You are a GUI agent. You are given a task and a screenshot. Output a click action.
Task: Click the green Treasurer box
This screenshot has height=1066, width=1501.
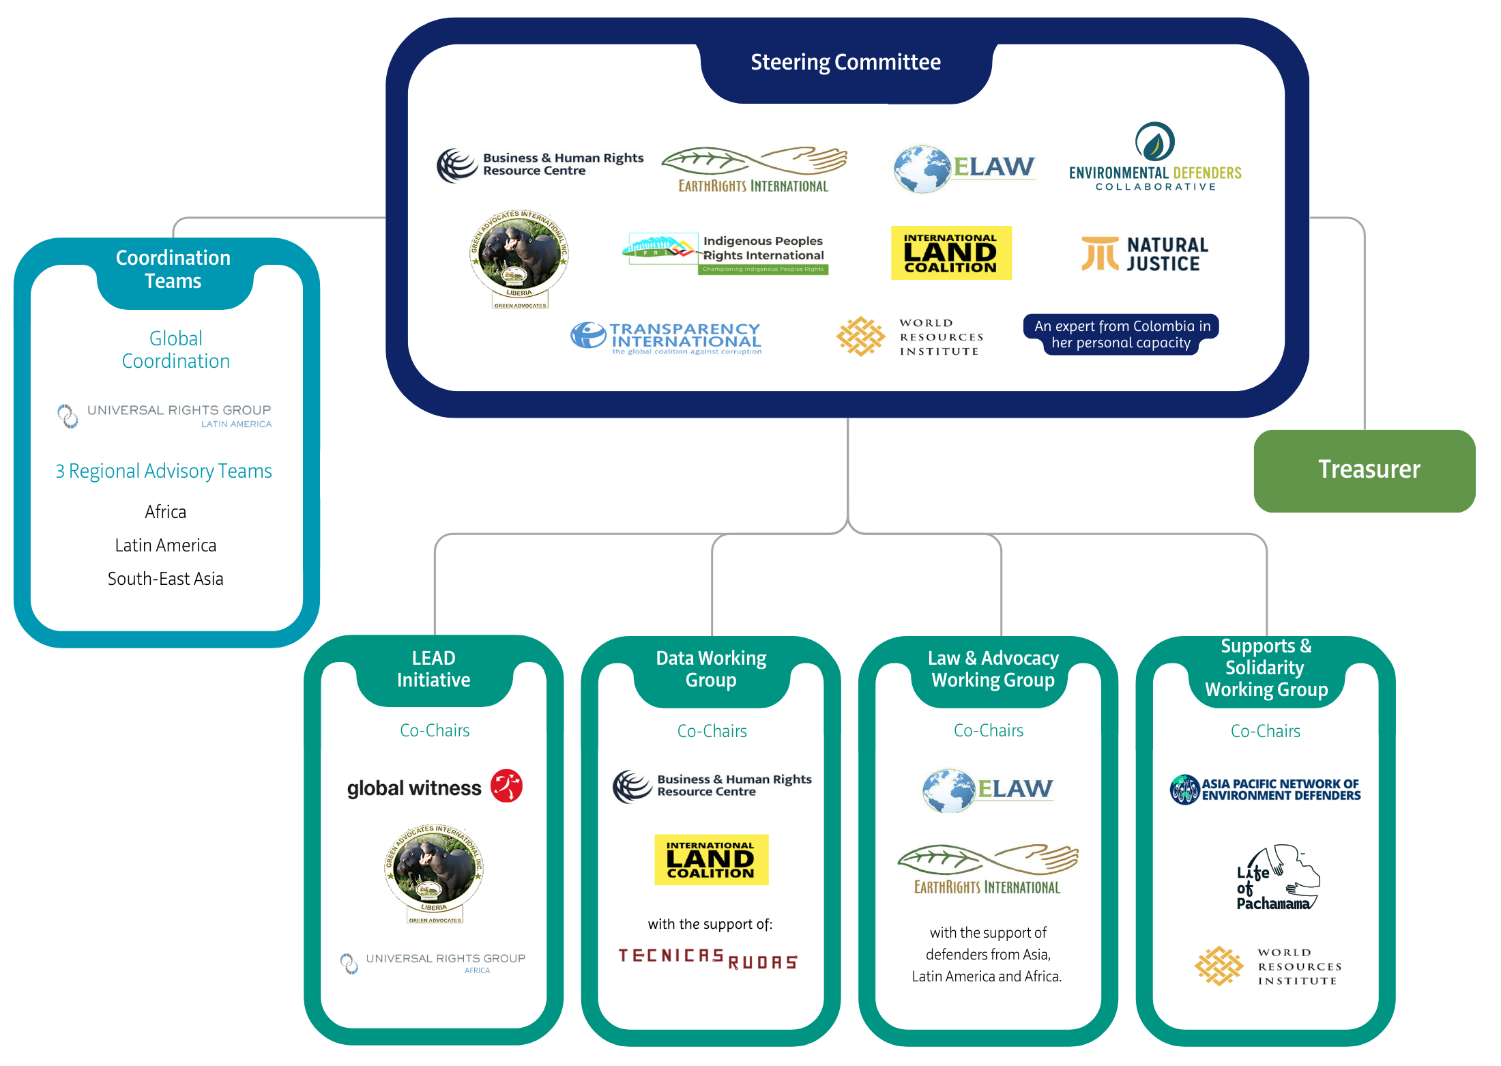coord(1365,470)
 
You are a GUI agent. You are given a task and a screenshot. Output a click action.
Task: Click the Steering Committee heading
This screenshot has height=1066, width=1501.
coord(845,63)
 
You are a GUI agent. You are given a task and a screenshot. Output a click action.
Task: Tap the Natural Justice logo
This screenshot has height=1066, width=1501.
coord(1144,254)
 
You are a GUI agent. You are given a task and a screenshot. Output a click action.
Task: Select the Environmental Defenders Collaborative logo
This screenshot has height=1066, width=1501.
coord(1154,157)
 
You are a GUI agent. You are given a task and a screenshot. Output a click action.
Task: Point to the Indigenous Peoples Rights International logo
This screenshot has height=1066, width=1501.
coord(725,253)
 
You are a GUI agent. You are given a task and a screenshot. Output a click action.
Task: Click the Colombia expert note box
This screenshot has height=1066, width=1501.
coord(1121,334)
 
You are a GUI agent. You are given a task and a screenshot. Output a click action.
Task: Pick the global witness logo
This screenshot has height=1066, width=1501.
coord(435,787)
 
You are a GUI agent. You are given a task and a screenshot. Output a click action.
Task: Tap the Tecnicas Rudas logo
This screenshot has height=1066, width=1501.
coord(708,958)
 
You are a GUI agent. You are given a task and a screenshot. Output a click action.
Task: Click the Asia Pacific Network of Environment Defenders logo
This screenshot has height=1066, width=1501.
coord(1265,790)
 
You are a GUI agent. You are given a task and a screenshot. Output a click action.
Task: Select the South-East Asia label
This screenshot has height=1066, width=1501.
coord(165,579)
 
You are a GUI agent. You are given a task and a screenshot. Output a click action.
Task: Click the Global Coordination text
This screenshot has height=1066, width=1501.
coord(175,349)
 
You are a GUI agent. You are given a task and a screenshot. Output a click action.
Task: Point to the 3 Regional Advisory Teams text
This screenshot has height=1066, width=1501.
coord(164,471)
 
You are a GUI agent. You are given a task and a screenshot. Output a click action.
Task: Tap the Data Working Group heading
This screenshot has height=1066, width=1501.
coord(711,669)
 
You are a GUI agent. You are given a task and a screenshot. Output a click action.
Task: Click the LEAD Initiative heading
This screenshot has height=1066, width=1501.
coord(434,669)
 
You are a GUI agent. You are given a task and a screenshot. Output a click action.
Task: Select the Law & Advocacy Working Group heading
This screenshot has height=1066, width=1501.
coord(993,669)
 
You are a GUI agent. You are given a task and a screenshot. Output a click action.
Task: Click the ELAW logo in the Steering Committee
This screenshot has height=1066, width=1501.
coord(964,168)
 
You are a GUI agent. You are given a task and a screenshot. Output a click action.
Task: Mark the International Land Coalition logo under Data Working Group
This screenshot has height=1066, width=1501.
coord(711,859)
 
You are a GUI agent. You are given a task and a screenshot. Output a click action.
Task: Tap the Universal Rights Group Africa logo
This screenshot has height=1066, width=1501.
coord(434,962)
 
